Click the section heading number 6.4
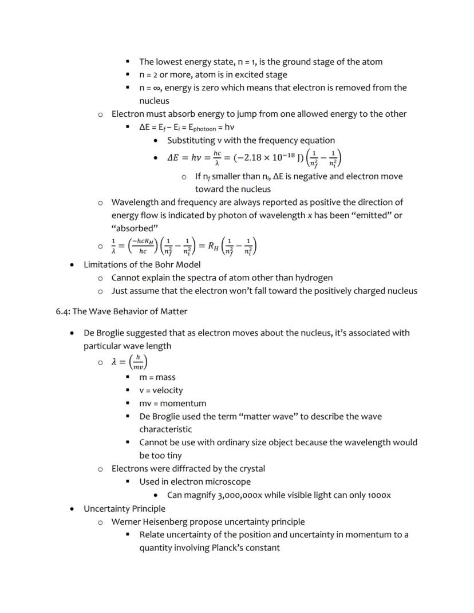(62, 311)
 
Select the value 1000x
(378, 495)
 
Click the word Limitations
(106, 264)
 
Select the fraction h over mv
(138, 362)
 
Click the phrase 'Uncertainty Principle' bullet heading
(124, 508)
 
